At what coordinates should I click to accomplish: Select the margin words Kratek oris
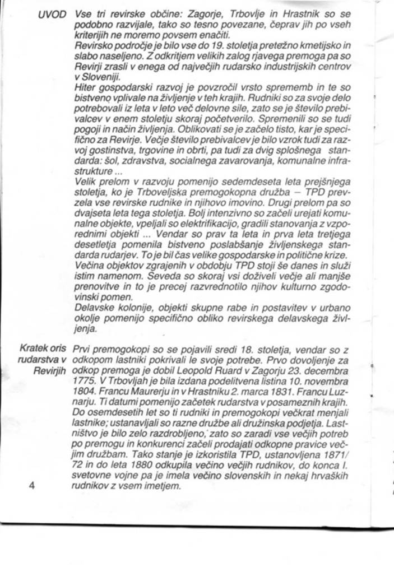click(42, 350)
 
